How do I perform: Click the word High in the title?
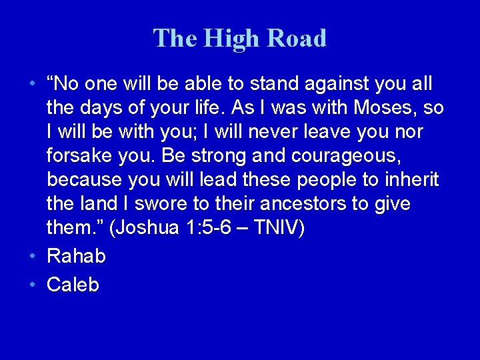coord(227,39)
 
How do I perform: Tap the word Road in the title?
coord(297,39)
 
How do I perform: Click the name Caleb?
coord(73,285)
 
